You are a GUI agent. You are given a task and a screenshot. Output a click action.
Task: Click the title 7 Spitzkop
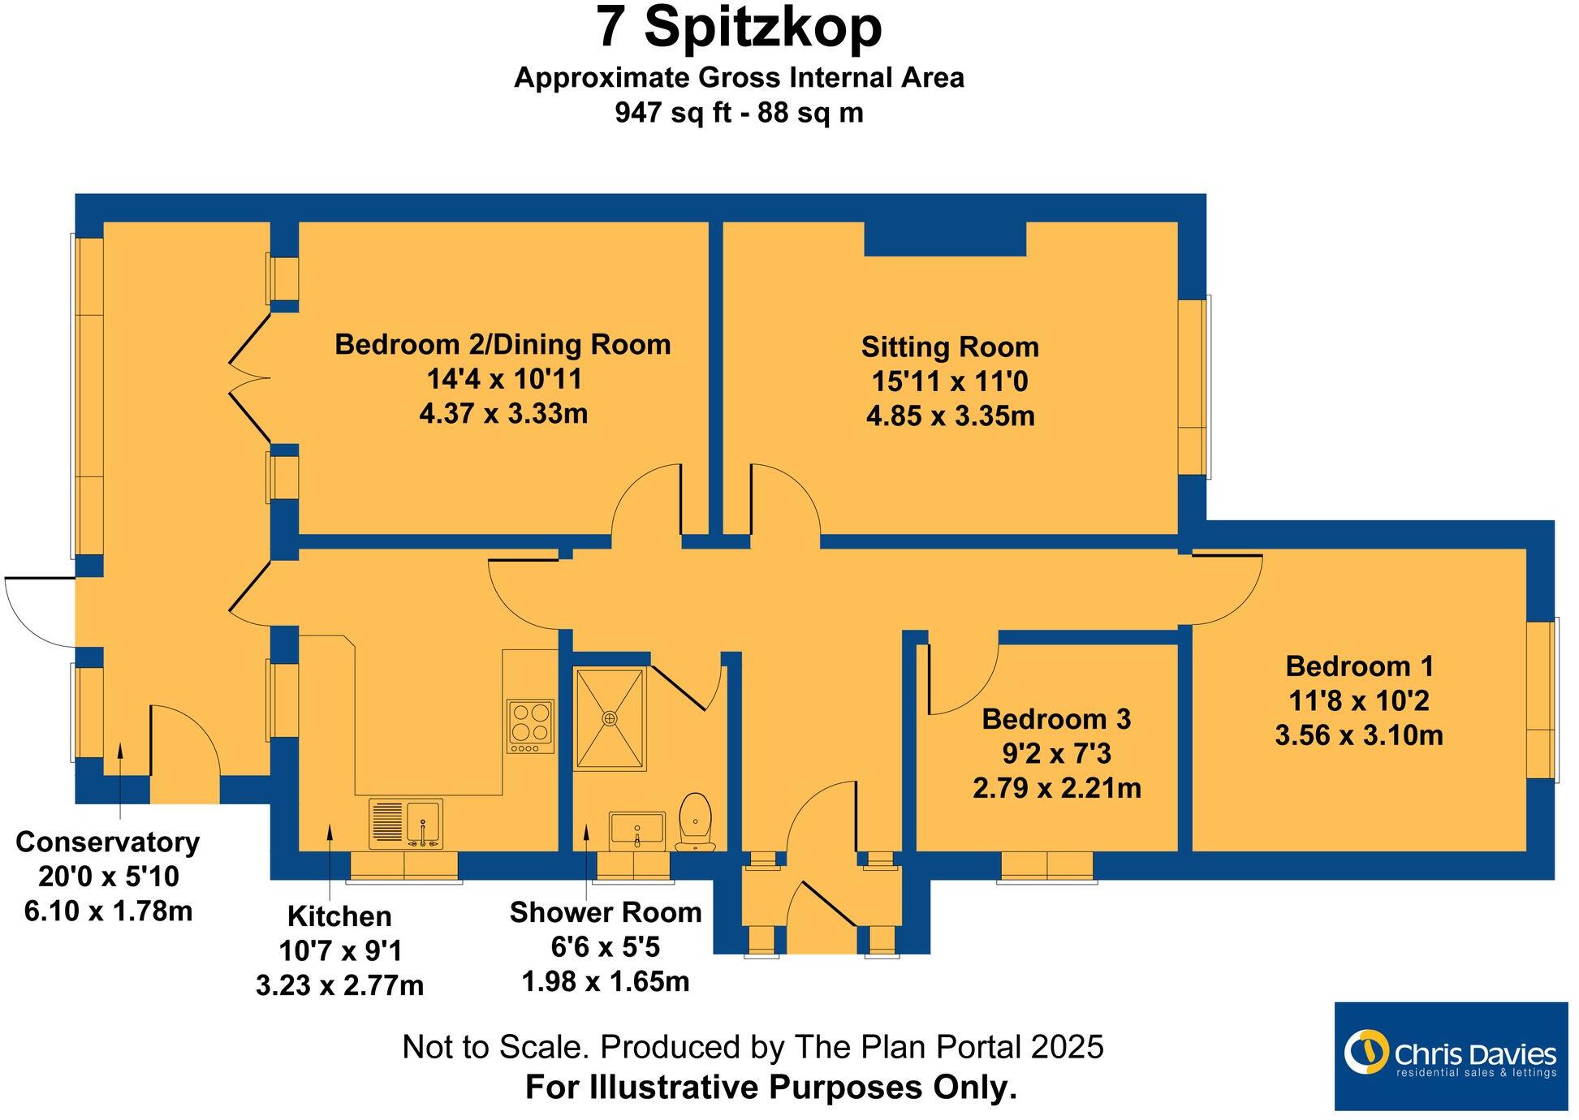tap(739, 28)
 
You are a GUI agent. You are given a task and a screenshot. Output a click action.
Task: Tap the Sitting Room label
tap(950, 347)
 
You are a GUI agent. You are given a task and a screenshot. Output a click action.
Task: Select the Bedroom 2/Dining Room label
tap(503, 345)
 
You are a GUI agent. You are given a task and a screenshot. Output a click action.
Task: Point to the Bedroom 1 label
tap(1359, 667)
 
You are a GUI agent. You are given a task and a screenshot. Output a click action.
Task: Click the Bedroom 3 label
tap(1056, 719)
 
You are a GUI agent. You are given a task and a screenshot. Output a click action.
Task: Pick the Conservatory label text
tap(107, 842)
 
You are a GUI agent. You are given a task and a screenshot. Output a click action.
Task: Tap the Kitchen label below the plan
tap(339, 917)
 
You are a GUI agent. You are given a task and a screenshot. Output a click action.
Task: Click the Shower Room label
tap(606, 913)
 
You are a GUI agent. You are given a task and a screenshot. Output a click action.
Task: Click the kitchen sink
tap(406, 823)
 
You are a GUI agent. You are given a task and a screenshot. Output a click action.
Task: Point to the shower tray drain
tap(610, 718)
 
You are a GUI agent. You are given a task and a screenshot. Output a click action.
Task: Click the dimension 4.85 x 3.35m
tap(950, 417)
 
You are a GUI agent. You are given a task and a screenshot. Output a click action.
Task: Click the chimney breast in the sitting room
tap(945, 239)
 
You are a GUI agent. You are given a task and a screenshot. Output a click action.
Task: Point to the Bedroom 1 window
tap(1542, 700)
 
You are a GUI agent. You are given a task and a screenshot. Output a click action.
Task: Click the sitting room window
tap(1194, 386)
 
